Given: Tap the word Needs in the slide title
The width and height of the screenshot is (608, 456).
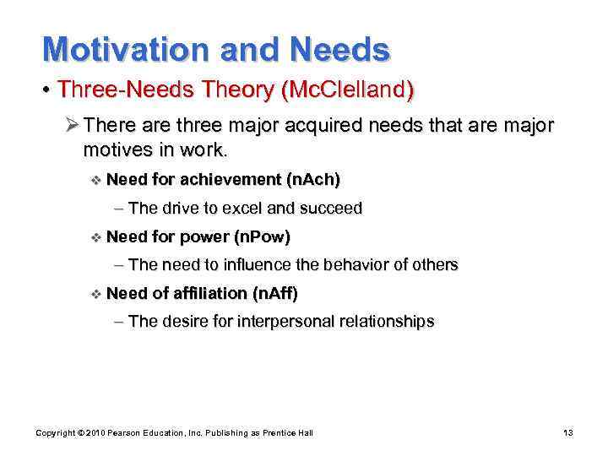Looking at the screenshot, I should point(339,49).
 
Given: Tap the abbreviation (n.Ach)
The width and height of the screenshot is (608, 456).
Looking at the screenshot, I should point(314,179).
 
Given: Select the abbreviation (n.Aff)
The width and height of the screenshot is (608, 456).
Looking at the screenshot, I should point(275,293).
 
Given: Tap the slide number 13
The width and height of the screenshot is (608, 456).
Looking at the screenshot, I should point(567,433).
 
